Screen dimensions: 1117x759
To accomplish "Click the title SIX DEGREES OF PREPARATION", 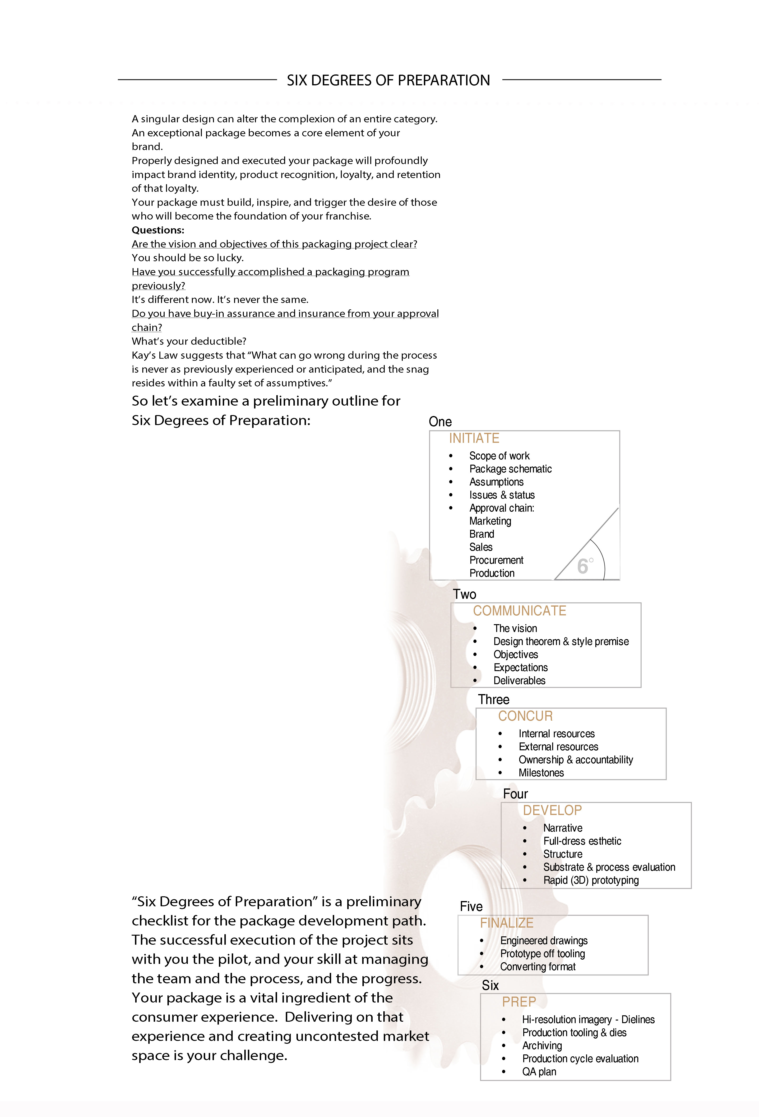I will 388,80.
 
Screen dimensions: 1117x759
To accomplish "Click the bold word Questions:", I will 158,230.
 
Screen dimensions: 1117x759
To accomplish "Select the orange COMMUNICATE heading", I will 519,611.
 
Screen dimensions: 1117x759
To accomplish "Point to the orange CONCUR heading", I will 525,716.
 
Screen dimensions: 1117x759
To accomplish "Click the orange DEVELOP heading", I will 552,810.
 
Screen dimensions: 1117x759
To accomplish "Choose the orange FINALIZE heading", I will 506,923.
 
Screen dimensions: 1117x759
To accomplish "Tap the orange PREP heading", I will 518,1002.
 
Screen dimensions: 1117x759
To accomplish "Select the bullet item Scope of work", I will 499,456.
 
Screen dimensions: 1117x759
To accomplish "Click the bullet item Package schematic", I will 510,469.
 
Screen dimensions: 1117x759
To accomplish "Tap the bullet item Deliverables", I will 519,681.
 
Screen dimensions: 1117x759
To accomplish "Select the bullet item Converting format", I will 538,966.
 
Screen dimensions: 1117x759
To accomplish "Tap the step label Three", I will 494,699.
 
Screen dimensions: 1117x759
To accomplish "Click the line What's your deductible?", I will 189,341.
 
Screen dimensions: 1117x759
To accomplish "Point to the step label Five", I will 471,906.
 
